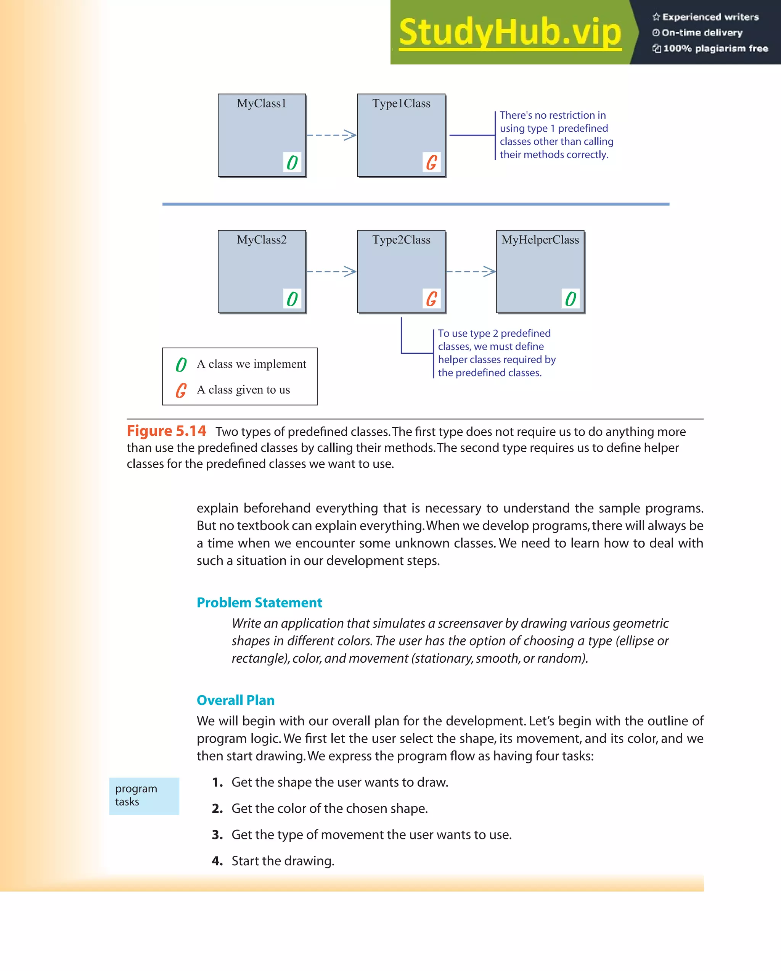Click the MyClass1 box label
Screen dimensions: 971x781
262,103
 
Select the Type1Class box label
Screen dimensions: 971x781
401,103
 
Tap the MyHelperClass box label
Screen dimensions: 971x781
540,240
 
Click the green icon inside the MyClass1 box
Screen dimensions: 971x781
292,163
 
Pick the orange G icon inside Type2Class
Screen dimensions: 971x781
431,299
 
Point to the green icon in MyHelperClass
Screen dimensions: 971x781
570,299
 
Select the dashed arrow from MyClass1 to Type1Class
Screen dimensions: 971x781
331,135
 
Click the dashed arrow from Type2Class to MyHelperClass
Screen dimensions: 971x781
471,271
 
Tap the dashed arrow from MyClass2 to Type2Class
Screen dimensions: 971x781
331,271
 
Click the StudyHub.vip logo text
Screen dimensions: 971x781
510,32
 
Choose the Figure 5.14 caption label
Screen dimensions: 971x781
166,431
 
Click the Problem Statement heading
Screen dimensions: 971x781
259,602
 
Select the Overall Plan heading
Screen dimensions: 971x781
235,700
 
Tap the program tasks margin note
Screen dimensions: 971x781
136,795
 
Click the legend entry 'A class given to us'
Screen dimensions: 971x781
243,390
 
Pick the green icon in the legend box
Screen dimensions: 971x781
181,364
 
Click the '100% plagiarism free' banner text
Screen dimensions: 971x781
715,48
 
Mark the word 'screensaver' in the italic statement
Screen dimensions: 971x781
470,623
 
